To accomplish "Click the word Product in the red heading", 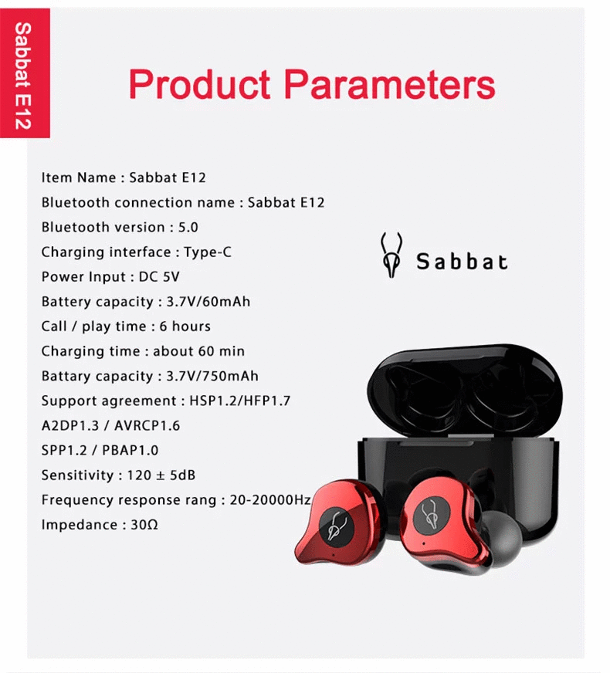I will click(199, 84).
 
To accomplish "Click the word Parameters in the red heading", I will click(390, 84).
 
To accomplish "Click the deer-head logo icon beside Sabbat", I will click(392, 255).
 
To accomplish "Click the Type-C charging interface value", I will click(208, 252).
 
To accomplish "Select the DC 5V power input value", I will click(160, 276).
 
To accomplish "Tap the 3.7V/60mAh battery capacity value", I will click(209, 301).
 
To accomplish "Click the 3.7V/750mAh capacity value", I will click(213, 376).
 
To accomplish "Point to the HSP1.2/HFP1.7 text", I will click(239, 401).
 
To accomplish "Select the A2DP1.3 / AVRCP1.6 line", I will click(110, 425).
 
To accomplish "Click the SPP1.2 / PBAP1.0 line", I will click(100, 450).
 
